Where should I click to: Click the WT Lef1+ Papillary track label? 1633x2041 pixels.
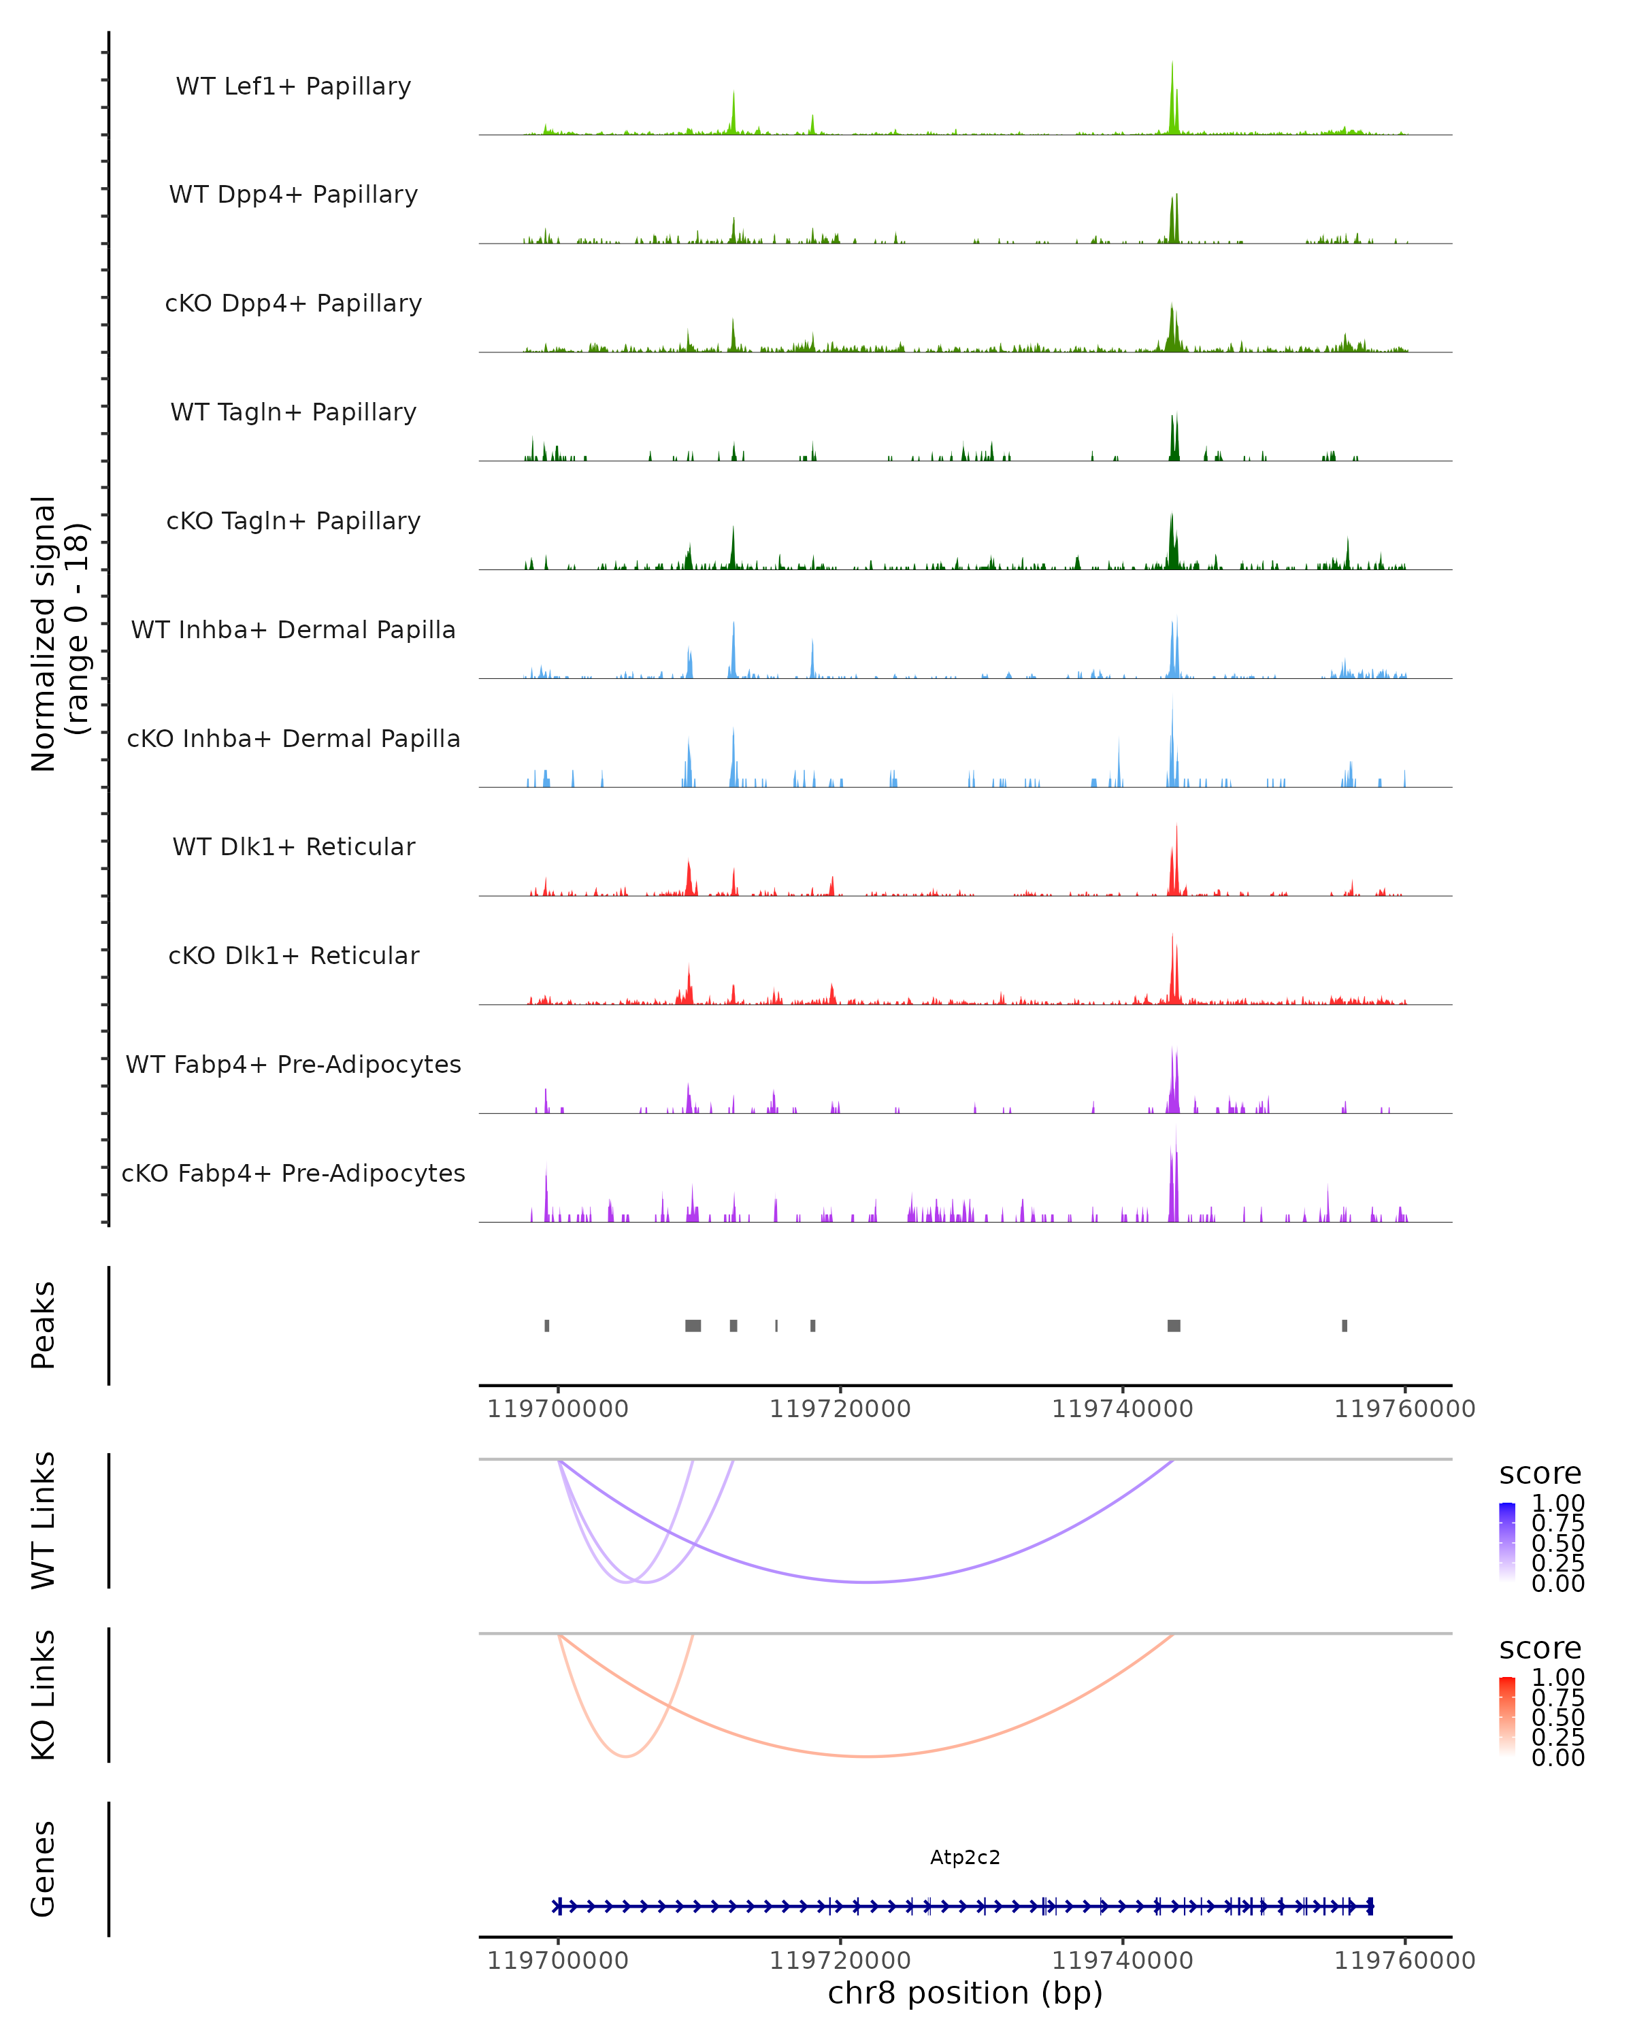point(293,86)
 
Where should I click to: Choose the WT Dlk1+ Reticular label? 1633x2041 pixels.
point(293,846)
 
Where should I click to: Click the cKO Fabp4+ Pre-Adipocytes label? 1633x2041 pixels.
point(293,1173)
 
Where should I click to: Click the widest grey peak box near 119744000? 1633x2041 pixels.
point(1174,1325)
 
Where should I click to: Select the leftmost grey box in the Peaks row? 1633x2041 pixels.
point(547,1325)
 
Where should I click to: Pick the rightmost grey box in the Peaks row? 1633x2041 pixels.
point(1345,1325)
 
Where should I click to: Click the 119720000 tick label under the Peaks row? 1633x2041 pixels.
point(840,1409)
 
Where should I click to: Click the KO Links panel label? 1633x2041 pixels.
point(44,1695)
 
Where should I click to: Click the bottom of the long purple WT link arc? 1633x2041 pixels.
point(866,1582)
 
